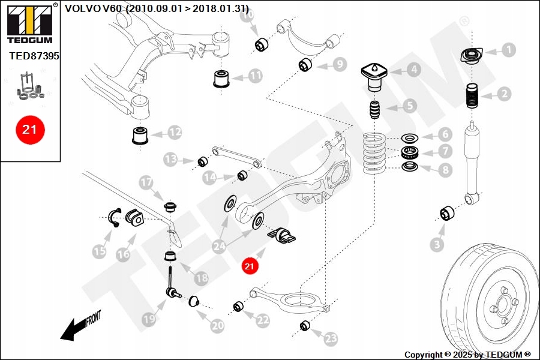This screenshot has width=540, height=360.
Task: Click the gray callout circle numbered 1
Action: pos(508,50)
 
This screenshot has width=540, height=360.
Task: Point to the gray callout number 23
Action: pos(331,339)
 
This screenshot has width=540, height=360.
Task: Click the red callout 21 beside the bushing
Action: pos(250,265)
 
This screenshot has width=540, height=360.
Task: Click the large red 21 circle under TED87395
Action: pos(29,128)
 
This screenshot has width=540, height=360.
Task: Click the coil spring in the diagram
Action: pos(376,154)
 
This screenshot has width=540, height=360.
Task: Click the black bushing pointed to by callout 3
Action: pos(447,213)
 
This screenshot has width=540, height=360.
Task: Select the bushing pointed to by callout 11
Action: pos(222,78)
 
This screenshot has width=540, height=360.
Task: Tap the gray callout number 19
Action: pos(149,321)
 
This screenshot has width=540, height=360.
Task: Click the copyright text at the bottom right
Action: pos(467,355)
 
